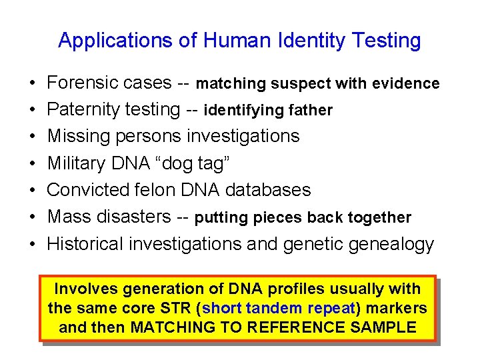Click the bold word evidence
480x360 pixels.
(404, 84)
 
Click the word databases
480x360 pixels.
(268, 190)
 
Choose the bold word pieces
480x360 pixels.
(277, 218)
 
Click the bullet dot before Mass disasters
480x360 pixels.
(33, 217)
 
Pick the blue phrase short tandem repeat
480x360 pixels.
(280, 309)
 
